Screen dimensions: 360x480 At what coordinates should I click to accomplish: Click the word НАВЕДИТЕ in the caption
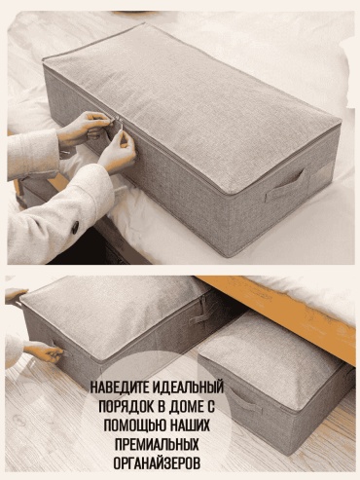pyautogui.click(x=119, y=388)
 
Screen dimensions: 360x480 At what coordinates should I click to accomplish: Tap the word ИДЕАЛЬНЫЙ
pyautogui.click(x=188, y=388)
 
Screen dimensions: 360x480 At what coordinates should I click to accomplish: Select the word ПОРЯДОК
pyautogui.click(x=124, y=406)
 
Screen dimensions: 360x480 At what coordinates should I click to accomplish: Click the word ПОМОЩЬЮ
pyautogui.click(x=131, y=425)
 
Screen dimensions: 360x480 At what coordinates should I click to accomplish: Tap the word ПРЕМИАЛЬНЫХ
pyautogui.click(x=157, y=444)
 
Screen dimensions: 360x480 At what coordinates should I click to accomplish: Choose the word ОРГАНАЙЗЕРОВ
pyautogui.click(x=157, y=462)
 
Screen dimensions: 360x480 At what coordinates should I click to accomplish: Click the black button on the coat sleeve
pyautogui.click(x=75, y=227)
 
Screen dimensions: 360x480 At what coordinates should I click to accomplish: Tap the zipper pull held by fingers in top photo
pyautogui.click(x=121, y=129)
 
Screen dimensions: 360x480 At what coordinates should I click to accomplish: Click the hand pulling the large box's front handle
pyautogui.click(x=43, y=351)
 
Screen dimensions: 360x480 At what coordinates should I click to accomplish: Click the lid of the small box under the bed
pyautogui.click(x=270, y=354)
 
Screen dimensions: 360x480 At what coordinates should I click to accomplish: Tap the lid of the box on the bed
pyautogui.click(x=192, y=105)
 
